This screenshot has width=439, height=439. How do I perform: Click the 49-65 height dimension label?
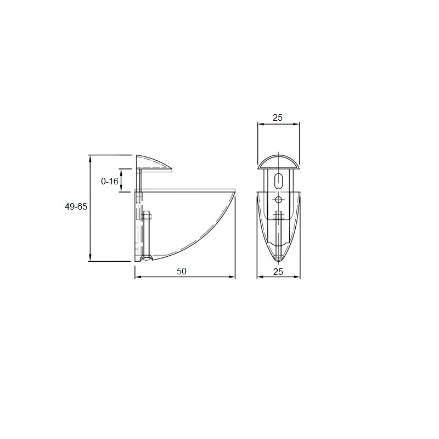tap(76, 207)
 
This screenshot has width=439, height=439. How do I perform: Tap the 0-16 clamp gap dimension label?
tap(109, 182)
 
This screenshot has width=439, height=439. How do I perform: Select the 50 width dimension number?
tap(182, 271)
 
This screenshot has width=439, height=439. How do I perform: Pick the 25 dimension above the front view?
tap(278, 117)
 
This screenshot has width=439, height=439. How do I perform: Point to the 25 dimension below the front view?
tap(278, 272)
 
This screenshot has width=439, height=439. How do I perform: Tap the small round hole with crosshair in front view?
tap(278, 200)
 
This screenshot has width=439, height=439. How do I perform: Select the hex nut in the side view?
tap(147, 216)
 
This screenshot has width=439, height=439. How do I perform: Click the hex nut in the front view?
tap(278, 215)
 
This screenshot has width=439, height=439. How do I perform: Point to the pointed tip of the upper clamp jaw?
tap(171, 170)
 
